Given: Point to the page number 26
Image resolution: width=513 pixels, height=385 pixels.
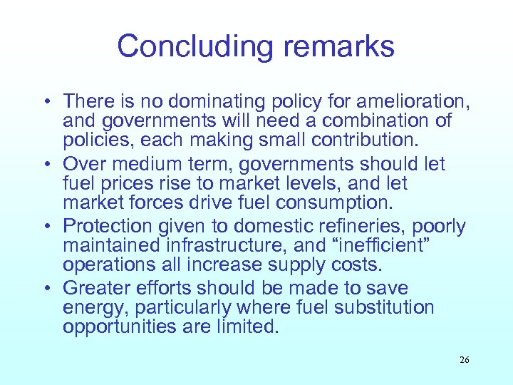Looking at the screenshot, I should (464, 360).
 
